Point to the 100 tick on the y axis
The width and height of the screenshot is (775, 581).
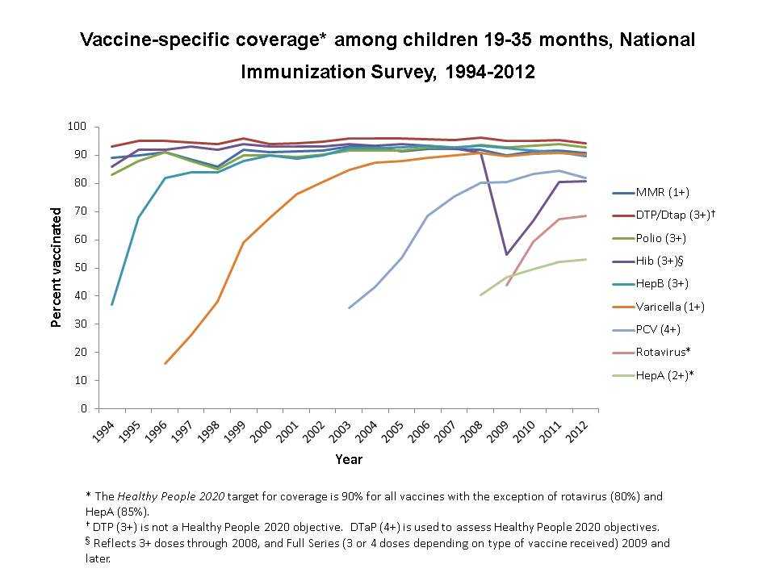pos(77,127)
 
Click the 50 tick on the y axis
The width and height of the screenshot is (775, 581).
pos(80,268)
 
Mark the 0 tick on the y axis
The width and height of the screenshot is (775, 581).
pos(83,408)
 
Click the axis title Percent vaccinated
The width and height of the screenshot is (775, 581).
pos(57,268)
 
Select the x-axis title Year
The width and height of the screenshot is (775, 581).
pos(349,460)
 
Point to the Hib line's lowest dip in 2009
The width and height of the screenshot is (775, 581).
pos(506,255)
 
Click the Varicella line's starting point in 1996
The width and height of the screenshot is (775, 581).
pos(165,363)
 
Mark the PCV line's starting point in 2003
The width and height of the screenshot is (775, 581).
pos(349,307)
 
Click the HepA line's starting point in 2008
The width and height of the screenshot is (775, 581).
pos(480,295)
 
